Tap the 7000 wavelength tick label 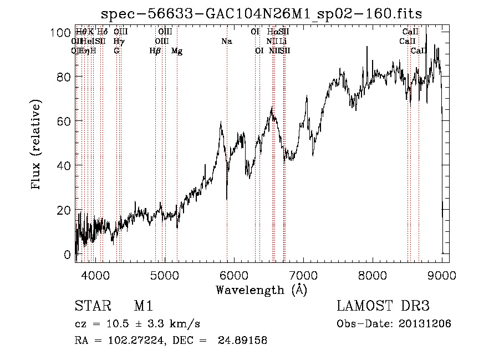[x=303, y=275]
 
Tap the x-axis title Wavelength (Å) [x=261, y=290]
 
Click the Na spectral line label [x=226, y=42]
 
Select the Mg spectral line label [x=177, y=51]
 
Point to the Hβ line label [x=155, y=51]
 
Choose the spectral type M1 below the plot [x=144, y=307]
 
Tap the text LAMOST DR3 [x=383, y=307]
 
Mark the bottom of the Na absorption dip [x=227, y=199]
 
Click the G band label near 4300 [x=116, y=51]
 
